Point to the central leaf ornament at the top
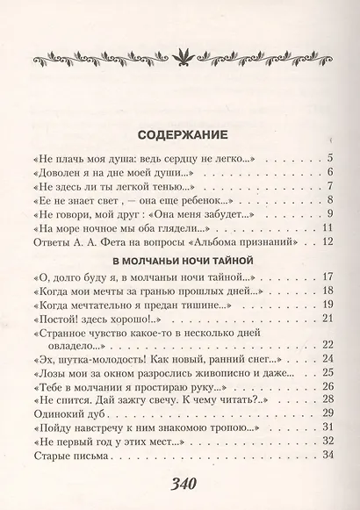[180, 60]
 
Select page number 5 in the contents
[328, 158]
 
